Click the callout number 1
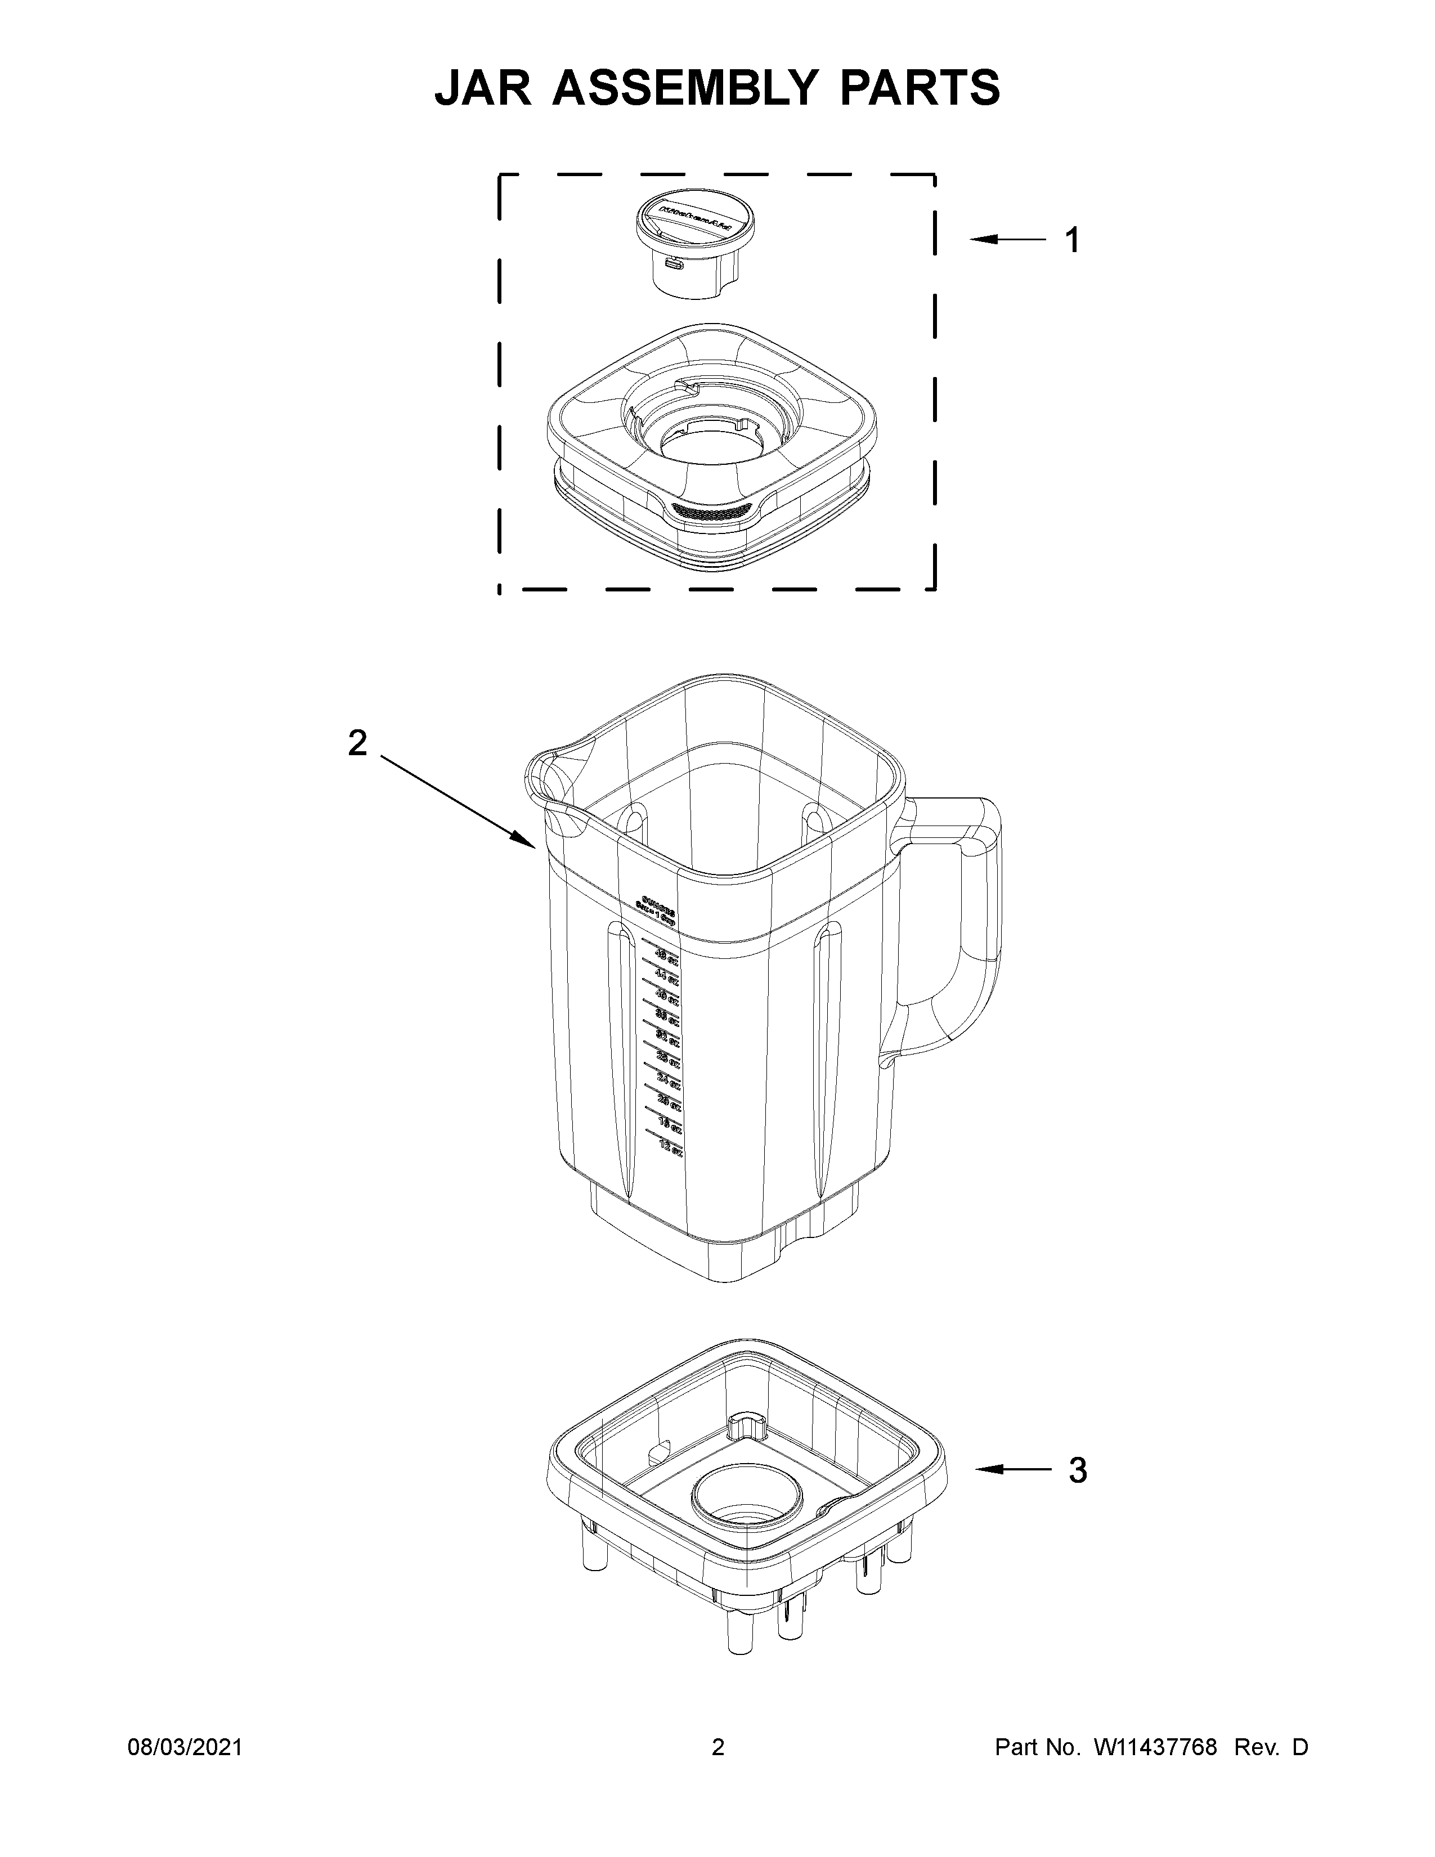[x=1072, y=241]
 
